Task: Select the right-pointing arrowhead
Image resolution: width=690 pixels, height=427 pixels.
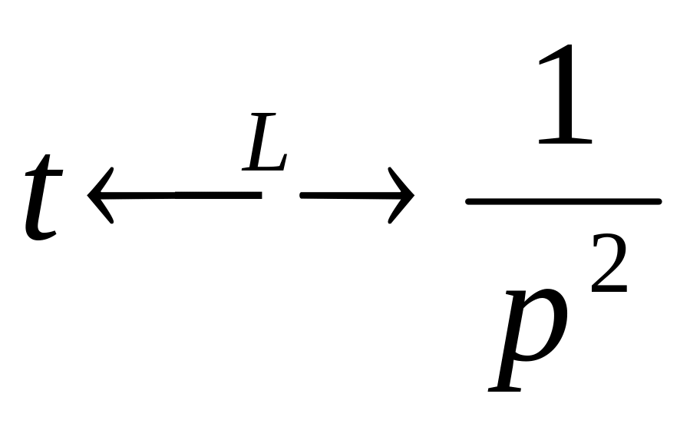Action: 403,198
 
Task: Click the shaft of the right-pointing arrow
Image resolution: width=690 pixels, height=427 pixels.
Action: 338,197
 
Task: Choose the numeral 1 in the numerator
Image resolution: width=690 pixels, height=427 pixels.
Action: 565,100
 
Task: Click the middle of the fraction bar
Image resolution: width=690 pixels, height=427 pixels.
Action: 563,201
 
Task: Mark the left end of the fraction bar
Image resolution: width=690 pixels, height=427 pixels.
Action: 470,201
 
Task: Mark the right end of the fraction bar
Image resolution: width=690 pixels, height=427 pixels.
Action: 657,201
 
